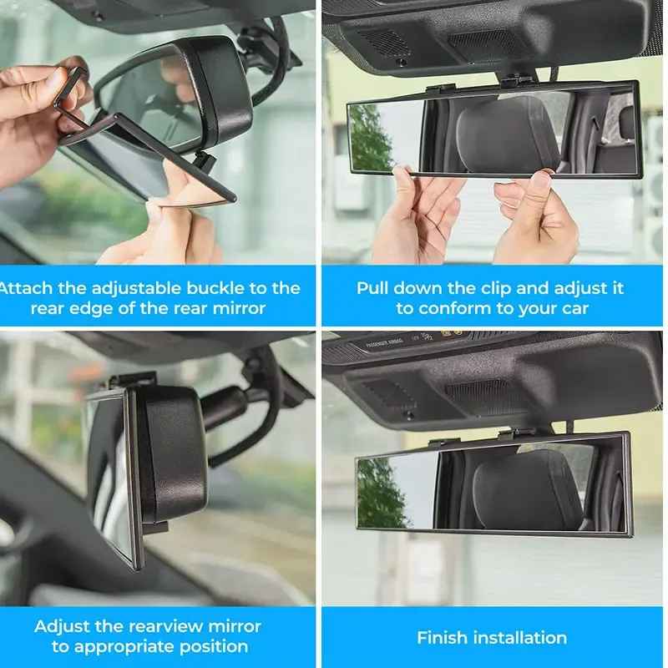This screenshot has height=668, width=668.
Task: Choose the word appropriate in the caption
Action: [126, 646]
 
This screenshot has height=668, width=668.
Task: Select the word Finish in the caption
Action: [443, 638]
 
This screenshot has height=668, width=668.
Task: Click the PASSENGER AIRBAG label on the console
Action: [387, 342]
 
